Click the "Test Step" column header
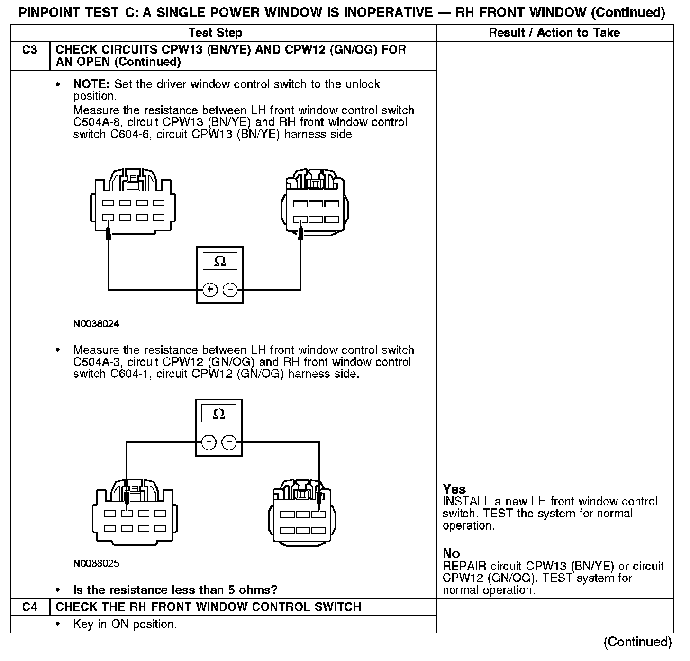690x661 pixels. (x=215, y=33)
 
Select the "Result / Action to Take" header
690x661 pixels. (x=554, y=33)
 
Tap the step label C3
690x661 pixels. (x=29, y=50)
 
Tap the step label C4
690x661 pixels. (x=29, y=607)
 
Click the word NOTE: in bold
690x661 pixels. (x=91, y=84)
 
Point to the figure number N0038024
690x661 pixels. (x=96, y=324)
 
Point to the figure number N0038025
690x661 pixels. (x=96, y=564)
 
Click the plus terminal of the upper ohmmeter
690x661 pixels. (x=210, y=290)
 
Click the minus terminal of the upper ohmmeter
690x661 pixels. (x=230, y=290)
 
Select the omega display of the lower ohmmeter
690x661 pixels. (x=219, y=414)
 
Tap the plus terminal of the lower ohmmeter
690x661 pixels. (x=209, y=442)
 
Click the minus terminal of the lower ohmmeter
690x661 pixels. (x=229, y=442)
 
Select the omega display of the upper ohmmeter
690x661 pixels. (x=220, y=261)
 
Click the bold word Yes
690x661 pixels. (x=454, y=489)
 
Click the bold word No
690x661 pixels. (x=451, y=553)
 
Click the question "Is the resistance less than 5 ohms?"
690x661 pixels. (x=175, y=590)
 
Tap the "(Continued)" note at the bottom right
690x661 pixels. (x=637, y=642)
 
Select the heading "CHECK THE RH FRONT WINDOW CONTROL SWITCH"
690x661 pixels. (x=209, y=607)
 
